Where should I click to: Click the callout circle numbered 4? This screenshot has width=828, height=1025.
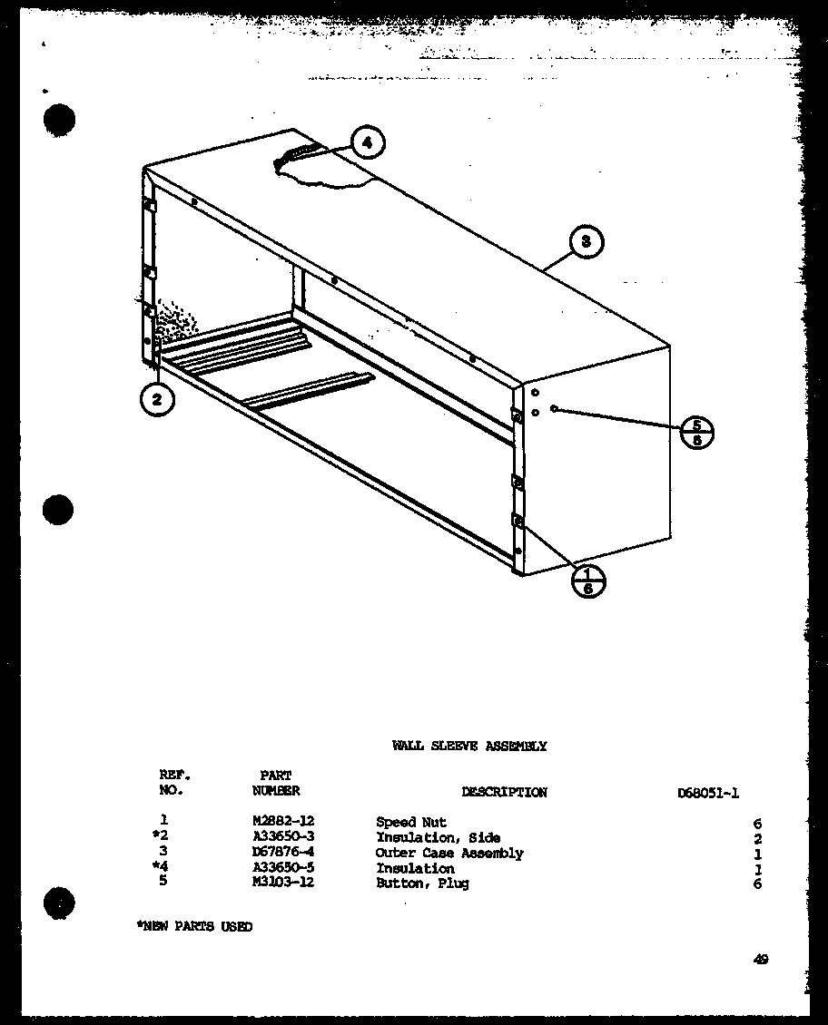click(x=365, y=142)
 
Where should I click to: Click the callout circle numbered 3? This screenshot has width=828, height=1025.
click(x=586, y=241)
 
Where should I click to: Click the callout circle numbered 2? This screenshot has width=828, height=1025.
click(x=158, y=400)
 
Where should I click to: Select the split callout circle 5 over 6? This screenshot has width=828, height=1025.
click(x=696, y=434)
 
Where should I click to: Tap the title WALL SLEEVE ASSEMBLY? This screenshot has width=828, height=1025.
click(x=468, y=746)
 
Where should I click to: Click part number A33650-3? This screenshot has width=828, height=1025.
click(x=282, y=838)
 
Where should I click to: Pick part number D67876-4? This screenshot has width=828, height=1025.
click(x=282, y=853)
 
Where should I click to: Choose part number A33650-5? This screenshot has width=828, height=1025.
click(x=282, y=868)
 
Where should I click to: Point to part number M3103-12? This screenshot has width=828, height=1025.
click(x=282, y=883)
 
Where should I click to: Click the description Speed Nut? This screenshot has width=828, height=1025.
click(x=411, y=823)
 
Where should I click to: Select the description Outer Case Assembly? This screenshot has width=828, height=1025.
click(x=449, y=853)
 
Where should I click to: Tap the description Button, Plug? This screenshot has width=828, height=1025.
click(x=422, y=883)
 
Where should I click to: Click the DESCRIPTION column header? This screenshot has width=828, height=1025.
click(x=504, y=792)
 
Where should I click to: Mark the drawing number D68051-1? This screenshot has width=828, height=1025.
click(x=708, y=792)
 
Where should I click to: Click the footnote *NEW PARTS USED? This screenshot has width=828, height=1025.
click(x=193, y=926)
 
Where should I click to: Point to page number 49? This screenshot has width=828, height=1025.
click(x=760, y=960)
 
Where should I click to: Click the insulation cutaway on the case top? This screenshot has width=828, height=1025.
click(x=322, y=170)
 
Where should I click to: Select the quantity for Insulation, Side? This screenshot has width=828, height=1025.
click(x=757, y=839)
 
